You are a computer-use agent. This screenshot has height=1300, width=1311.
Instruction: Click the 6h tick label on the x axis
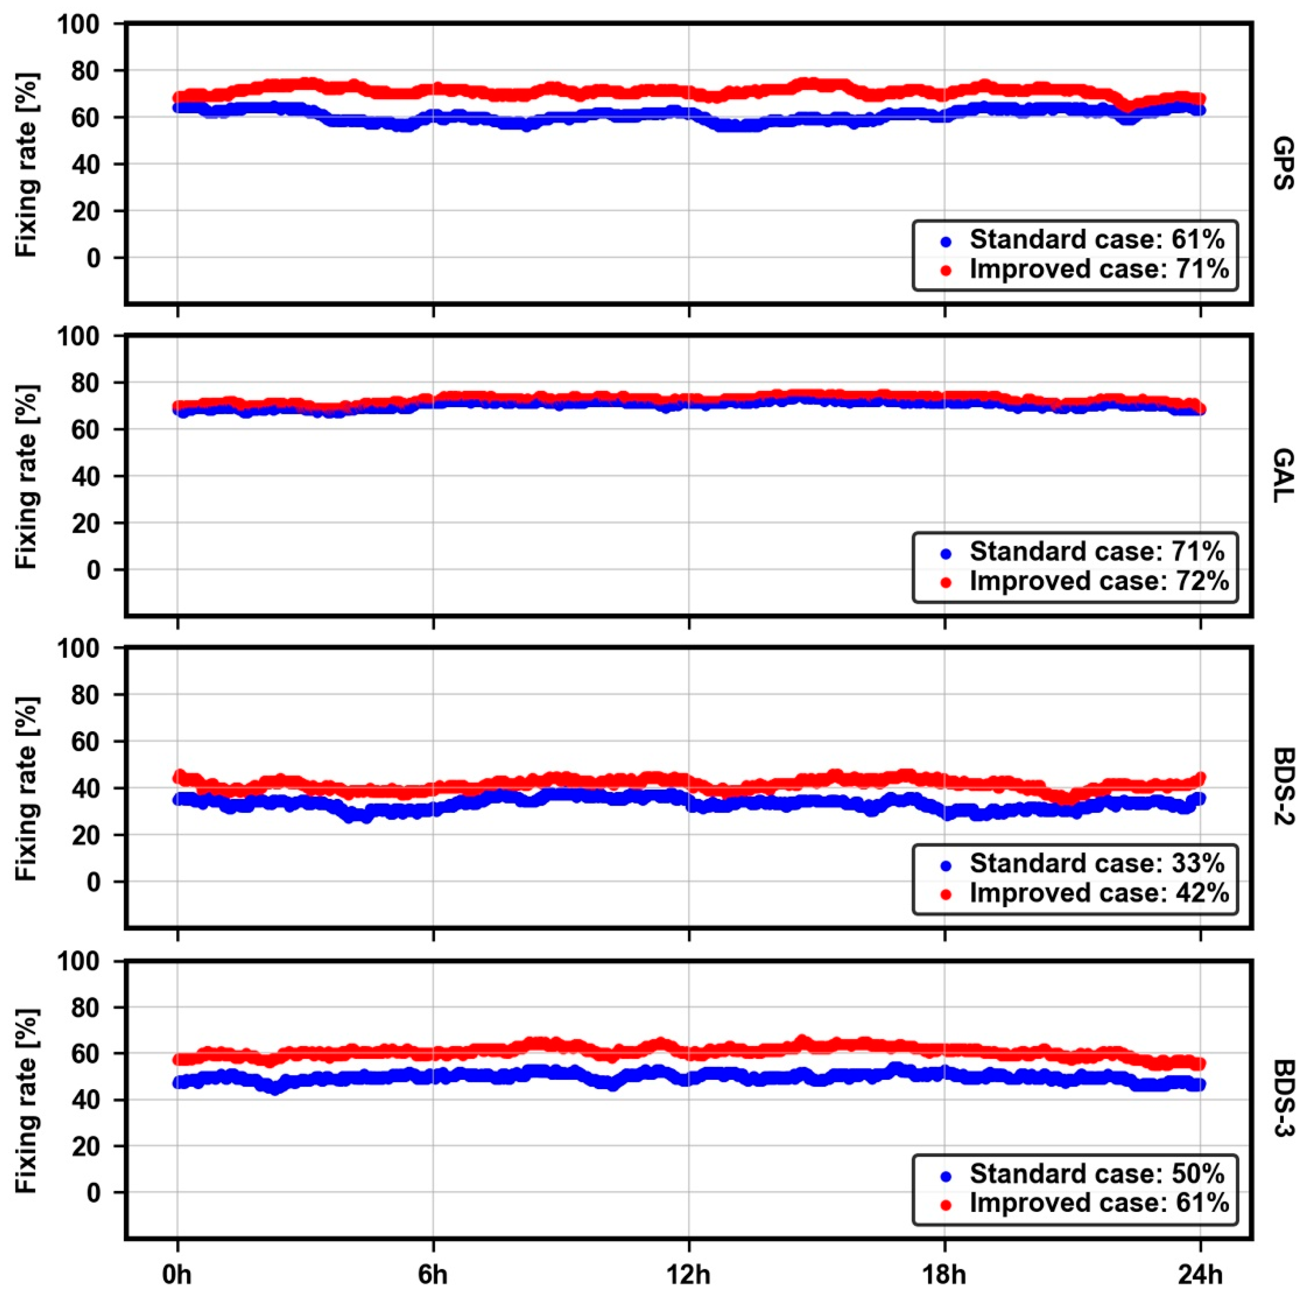click(x=432, y=1275)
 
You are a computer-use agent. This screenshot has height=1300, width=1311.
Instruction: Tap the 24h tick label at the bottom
click(x=1200, y=1275)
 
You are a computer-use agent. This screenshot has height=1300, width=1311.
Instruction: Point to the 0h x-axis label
click(x=177, y=1275)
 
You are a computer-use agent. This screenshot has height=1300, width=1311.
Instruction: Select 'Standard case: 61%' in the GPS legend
click(x=1097, y=239)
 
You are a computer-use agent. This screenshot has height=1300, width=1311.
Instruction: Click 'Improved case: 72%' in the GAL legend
click(x=1098, y=581)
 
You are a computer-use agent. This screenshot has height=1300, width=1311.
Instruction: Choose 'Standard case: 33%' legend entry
click(x=1097, y=863)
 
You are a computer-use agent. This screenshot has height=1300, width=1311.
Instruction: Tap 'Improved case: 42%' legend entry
click(x=1098, y=893)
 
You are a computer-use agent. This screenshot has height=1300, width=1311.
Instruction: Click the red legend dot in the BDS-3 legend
click(x=946, y=1204)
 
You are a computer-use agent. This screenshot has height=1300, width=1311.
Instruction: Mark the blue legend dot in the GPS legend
click(x=946, y=240)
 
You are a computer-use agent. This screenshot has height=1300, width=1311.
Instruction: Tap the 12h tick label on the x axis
click(x=689, y=1275)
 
